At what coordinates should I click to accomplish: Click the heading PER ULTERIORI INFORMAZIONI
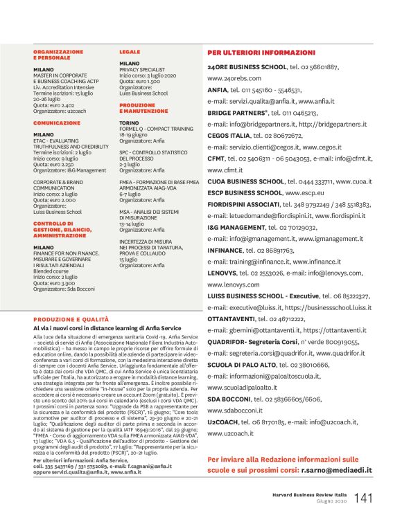pos(261,53)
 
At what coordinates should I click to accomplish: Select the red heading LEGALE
pos(130,51)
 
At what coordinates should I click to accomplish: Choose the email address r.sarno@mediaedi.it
pos(336,469)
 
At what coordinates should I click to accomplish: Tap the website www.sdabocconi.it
pos(236,410)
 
